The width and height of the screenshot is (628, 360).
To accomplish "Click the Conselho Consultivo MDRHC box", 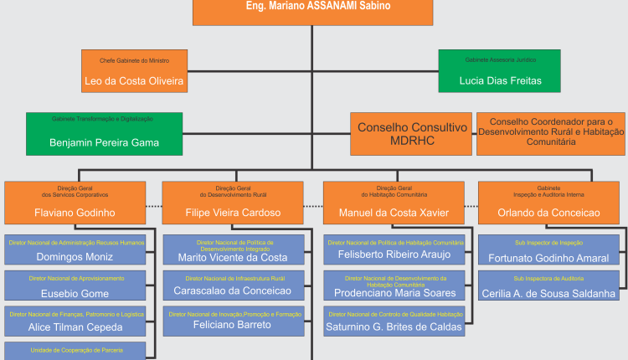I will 411,134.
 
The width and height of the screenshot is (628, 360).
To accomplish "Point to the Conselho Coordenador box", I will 551,132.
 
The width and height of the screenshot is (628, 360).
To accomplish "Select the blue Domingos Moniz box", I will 75,250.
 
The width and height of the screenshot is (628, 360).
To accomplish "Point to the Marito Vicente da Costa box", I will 233,251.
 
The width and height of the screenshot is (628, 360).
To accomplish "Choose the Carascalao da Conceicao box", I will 233,285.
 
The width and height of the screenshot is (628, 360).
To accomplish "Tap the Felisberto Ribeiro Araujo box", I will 394,250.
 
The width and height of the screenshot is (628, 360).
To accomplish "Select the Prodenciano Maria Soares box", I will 394,286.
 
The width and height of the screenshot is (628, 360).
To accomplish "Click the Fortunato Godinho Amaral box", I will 548,251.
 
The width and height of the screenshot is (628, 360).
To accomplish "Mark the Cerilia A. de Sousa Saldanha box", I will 548,286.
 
